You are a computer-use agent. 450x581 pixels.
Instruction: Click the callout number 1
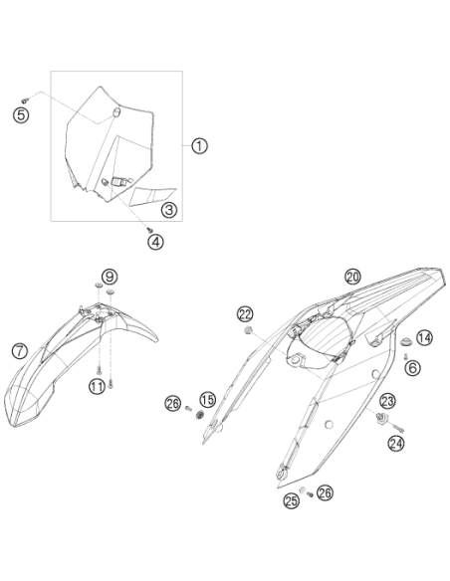point(199,146)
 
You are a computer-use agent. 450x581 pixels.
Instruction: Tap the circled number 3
point(169,210)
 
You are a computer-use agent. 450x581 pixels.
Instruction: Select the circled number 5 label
point(21,114)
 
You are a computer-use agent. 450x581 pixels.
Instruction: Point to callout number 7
point(20,350)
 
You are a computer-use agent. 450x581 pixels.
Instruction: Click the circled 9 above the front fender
point(110,277)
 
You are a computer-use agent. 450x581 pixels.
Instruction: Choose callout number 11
point(97,387)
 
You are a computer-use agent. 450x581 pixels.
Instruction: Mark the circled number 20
point(352,277)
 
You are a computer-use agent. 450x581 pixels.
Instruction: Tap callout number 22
point(245,315)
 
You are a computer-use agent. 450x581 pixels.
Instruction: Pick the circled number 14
point(424,337)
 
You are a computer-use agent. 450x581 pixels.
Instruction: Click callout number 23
point(387,401)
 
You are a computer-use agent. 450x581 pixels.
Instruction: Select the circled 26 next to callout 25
point(325,492)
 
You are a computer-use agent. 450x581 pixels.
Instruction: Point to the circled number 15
point(208,400)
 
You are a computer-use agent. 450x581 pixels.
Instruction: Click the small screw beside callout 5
point(25,100)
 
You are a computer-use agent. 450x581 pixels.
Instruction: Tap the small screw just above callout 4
point(149,230)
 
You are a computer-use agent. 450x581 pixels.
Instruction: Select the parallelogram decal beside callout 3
point(152,196)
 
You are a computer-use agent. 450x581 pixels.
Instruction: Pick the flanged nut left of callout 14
point(406,340)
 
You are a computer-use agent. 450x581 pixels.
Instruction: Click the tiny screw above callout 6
point(405,356)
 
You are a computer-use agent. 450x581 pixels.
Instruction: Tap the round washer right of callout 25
point(302,490)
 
